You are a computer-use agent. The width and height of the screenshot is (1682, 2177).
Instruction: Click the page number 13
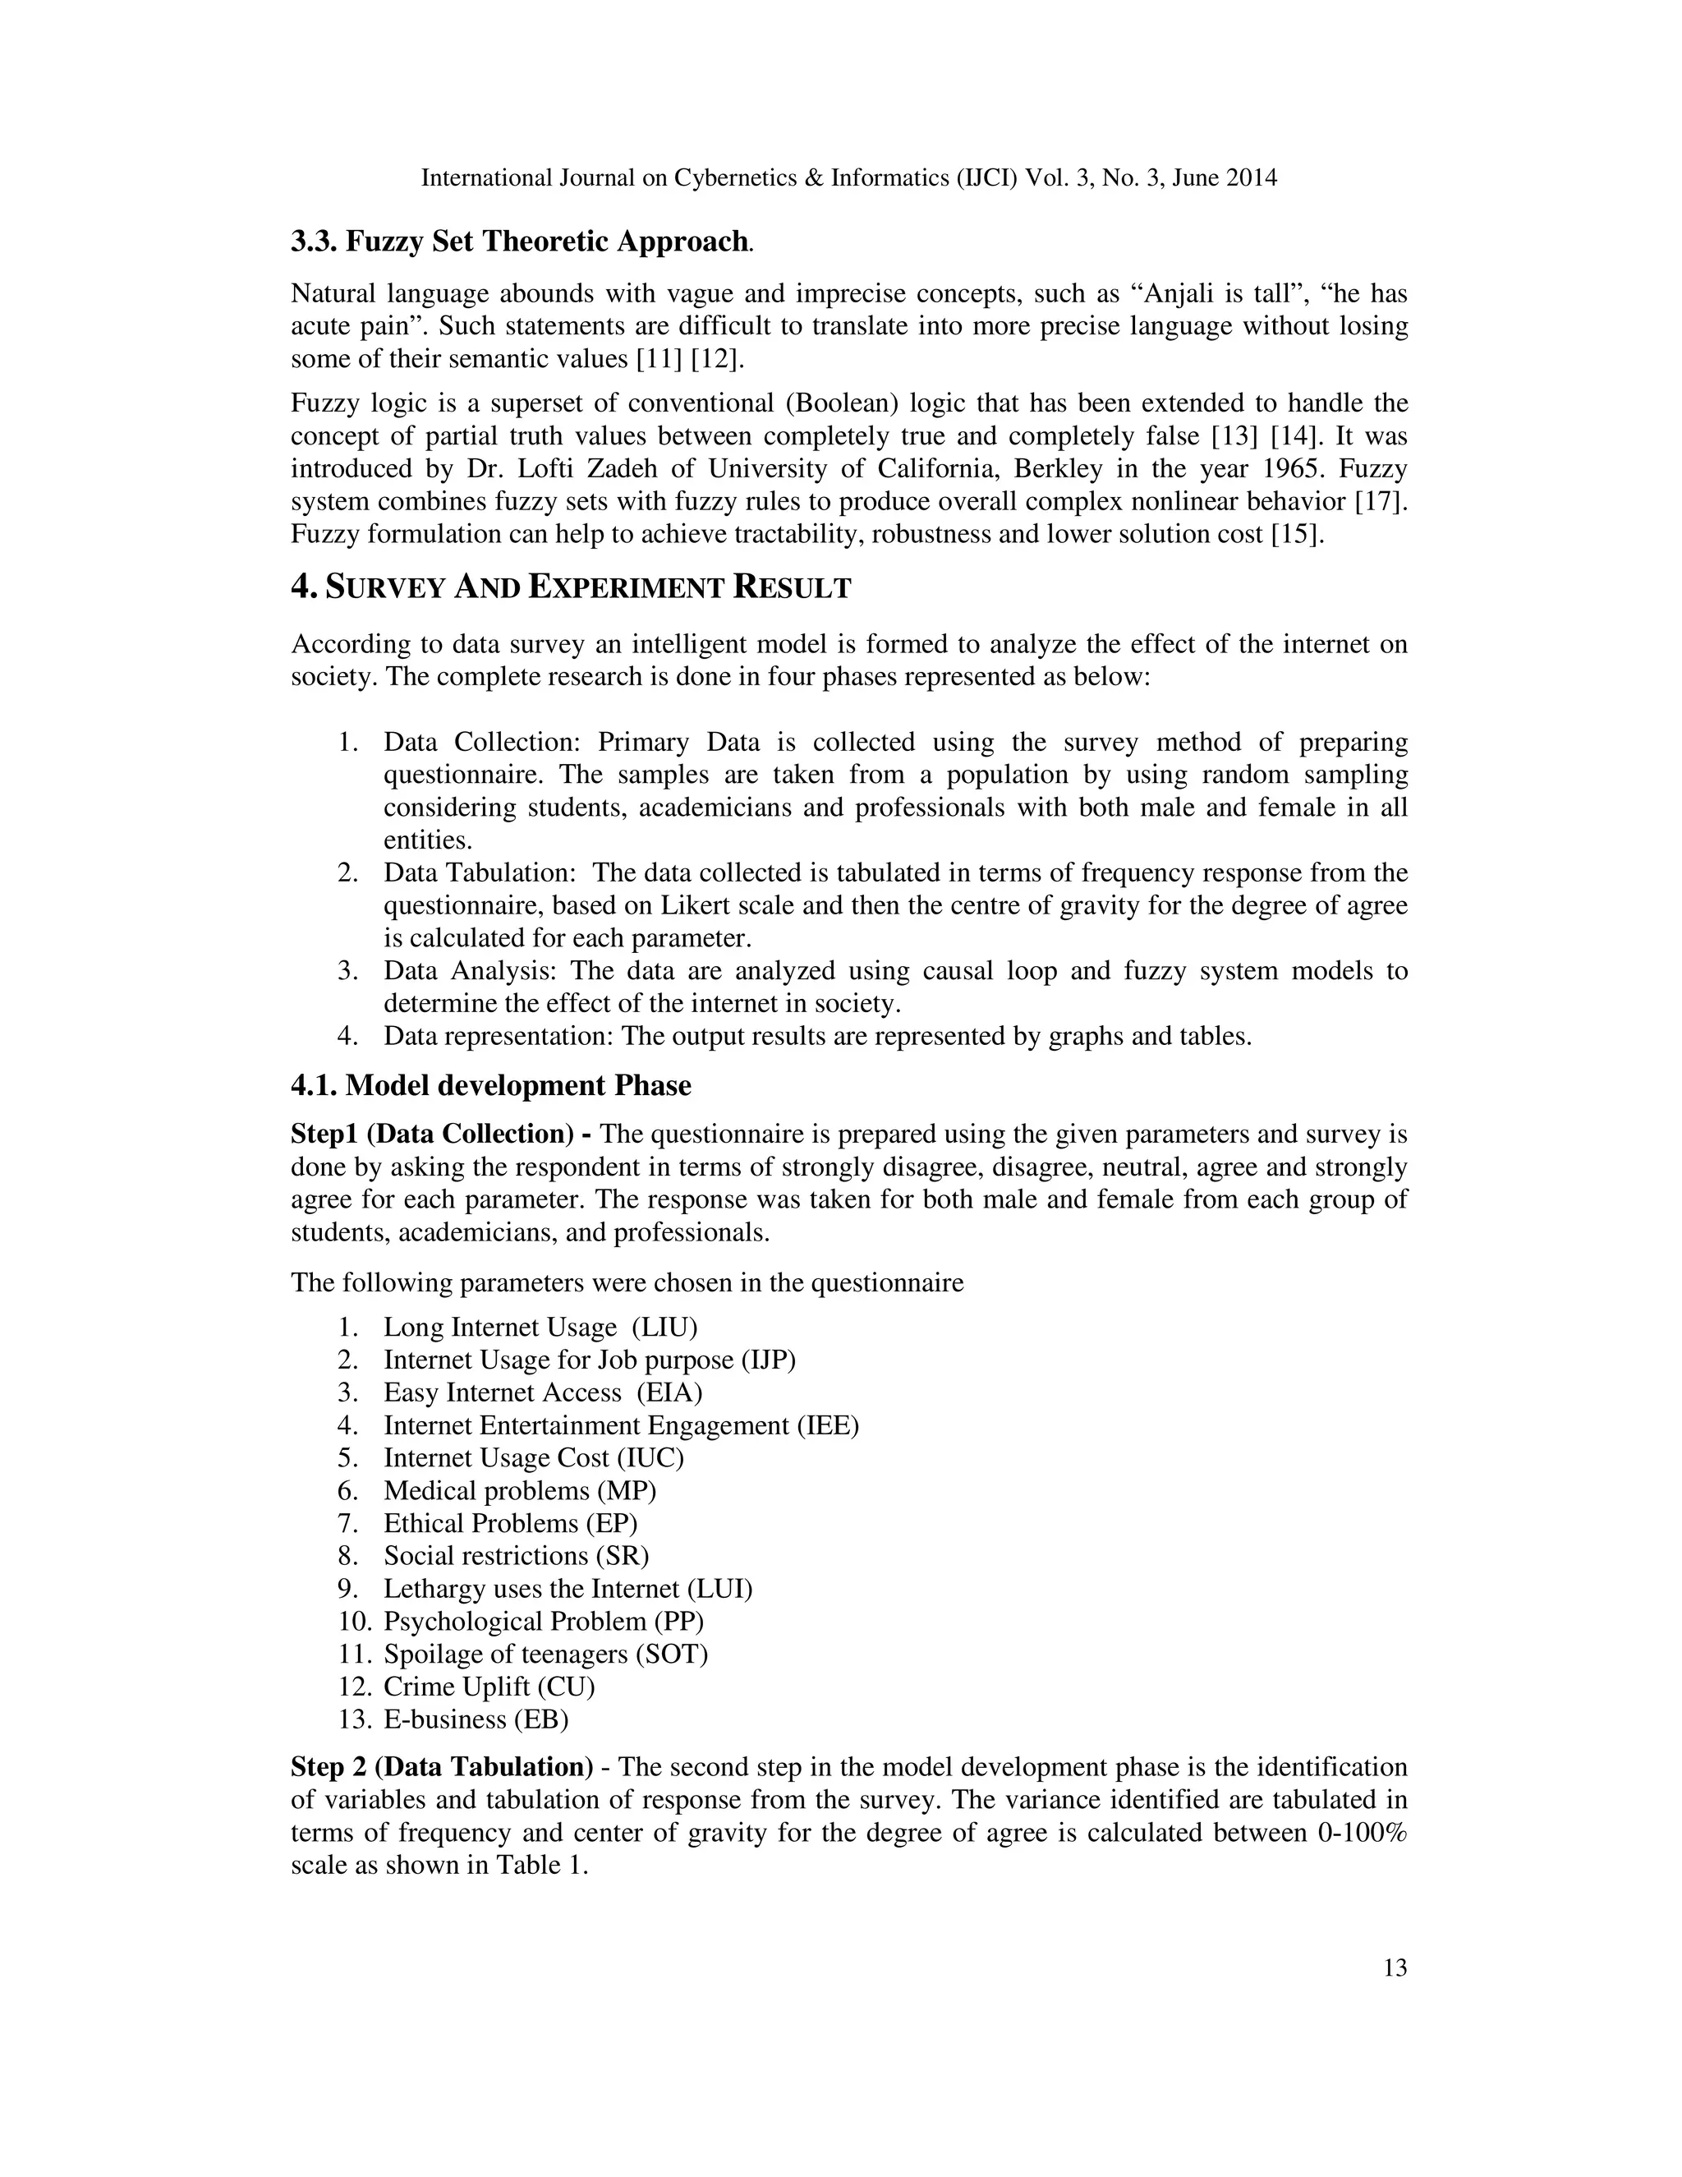coord(1395,1968)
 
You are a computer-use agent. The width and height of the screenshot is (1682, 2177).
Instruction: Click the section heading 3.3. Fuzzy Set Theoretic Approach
coord(518,242)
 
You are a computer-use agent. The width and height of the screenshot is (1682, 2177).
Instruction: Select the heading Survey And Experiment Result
coord(571,587)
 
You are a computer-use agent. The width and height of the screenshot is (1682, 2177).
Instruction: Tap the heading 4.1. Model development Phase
coord(490,1085)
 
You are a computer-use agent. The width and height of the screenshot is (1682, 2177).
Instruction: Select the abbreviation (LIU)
coord(664,1328)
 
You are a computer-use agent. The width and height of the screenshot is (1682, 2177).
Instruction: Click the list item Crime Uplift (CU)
coord(489,1687)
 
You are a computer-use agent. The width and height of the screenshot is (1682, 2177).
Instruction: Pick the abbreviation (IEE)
coord(827,1425)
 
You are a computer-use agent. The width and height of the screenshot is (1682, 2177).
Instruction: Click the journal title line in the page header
coord(849,178)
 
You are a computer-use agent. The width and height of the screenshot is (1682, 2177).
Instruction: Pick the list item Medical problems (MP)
coord(519,1491)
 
